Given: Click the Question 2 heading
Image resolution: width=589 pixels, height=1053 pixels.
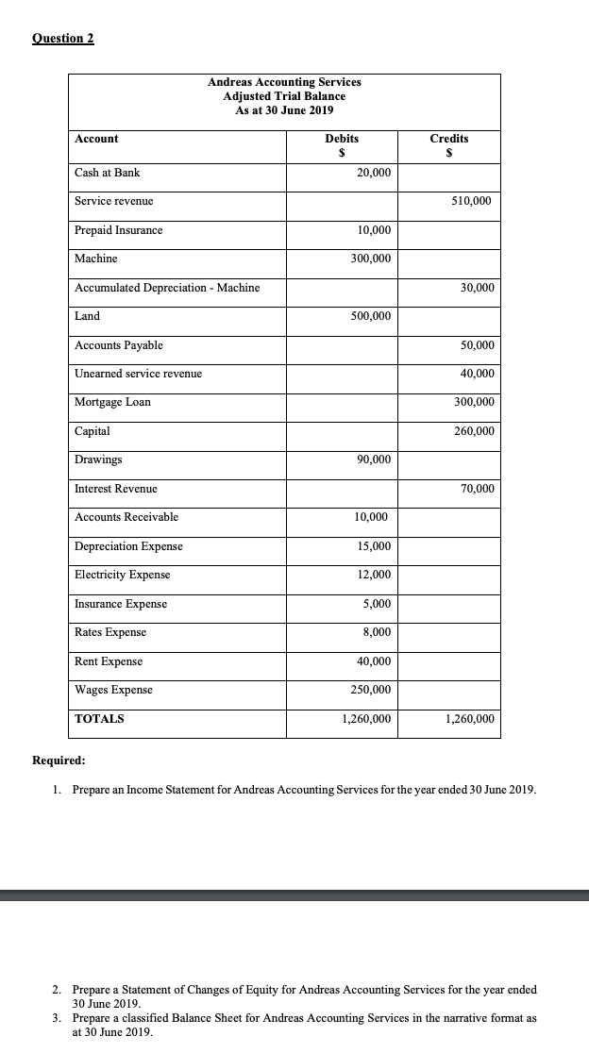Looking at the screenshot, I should coord(63,39).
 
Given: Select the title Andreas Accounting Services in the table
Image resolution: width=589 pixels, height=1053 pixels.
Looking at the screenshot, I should coord(284,82).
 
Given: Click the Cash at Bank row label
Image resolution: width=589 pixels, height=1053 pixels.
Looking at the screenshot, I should coord(108,173).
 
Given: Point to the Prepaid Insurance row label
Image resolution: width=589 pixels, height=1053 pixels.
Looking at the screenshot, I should coord(119,230).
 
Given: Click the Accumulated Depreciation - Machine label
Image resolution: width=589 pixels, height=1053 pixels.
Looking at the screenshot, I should coord(167,288).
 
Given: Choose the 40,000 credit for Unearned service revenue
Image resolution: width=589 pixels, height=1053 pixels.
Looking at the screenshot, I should coord(478,375).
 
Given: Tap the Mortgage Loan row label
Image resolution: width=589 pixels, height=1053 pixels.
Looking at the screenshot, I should coord(112,403).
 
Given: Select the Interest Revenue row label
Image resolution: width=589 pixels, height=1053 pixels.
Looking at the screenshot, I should coord(116,489).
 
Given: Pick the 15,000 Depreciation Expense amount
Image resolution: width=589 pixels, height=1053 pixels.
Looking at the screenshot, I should coord(375,547).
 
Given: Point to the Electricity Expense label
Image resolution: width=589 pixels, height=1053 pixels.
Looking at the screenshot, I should coord(123,576).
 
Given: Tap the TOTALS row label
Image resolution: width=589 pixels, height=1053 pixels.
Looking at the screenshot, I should coord(99,719).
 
